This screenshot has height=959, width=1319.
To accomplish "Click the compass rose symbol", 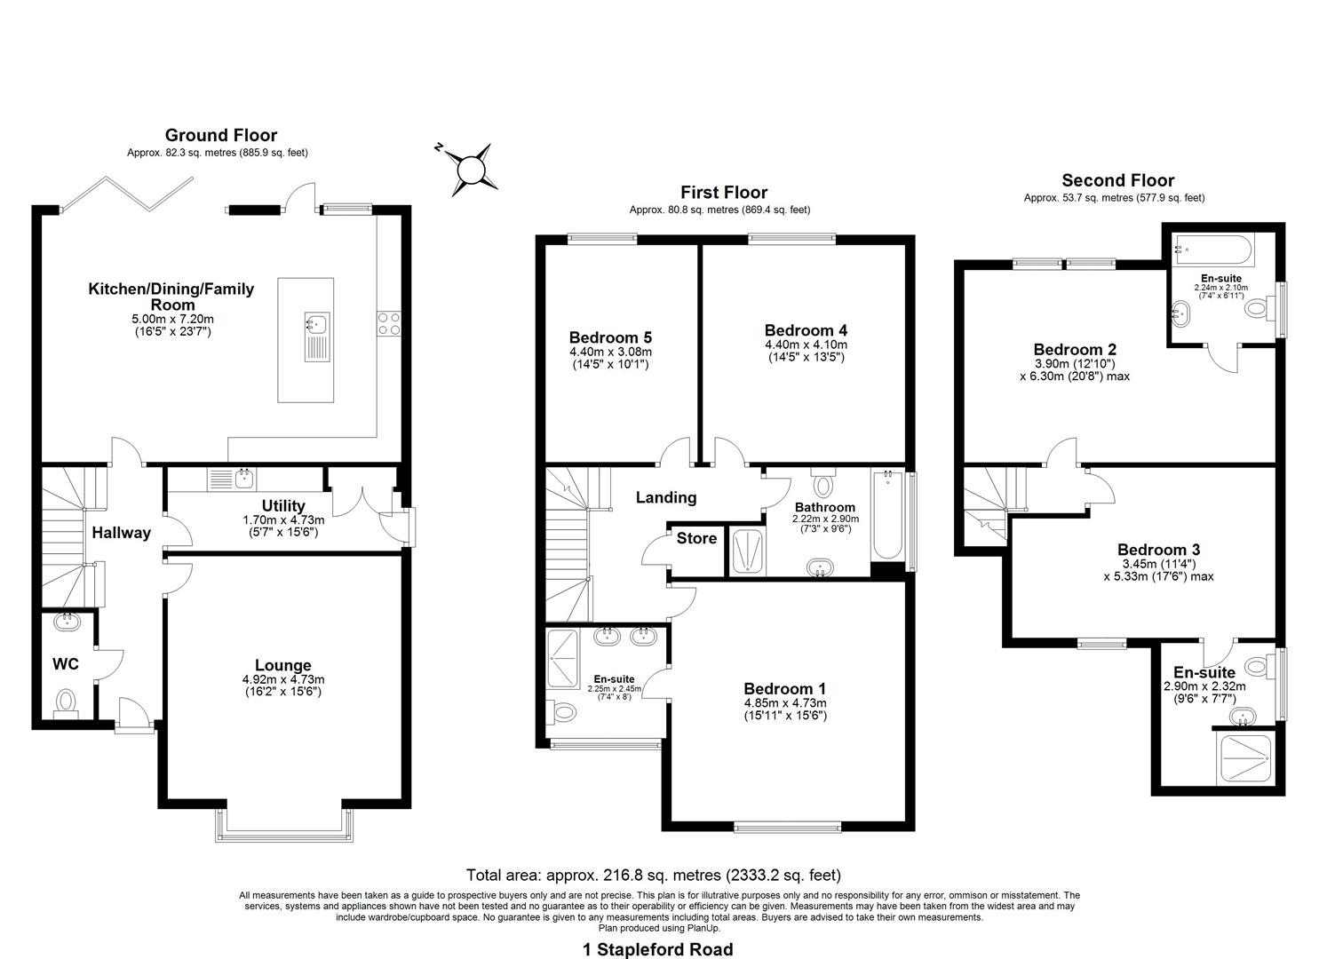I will coord(471,168).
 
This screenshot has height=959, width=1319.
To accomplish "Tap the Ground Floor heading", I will coord(220,135).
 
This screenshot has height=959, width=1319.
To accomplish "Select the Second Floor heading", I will coord(1117,180).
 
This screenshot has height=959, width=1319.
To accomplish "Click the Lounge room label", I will coord(282,665).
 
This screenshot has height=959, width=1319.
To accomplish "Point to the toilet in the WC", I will coord(67,702).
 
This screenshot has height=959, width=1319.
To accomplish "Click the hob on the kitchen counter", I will coord(388,323).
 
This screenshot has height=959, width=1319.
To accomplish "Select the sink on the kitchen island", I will coord(317,325).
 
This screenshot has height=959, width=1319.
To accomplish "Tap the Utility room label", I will coord(284,506).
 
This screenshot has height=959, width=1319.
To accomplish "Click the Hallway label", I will coord(122,533).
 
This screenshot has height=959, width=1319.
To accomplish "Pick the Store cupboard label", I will coord(696,538).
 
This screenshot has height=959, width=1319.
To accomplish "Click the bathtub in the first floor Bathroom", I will coord(886,515).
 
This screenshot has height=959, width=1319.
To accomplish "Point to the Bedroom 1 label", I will coord(784,688).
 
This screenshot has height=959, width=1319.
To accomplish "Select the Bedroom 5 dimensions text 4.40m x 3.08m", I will coord(610,352).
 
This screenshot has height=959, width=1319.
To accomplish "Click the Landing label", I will coord(665,497).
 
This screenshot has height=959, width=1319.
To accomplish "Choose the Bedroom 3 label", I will coord(1158,550).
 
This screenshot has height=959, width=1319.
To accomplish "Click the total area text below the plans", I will coord(653,875).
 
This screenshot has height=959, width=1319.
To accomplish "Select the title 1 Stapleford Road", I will coord(657,949).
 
